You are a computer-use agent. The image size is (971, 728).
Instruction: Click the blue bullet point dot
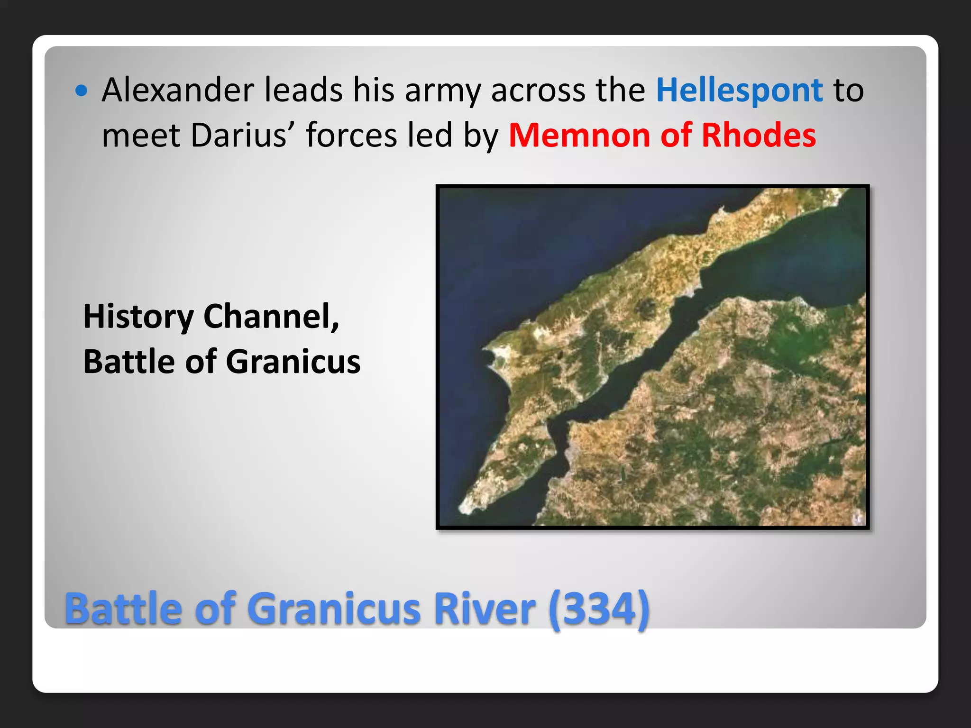click(x=82, y=91)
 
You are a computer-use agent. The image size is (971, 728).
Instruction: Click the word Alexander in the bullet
click(x=178, y=90)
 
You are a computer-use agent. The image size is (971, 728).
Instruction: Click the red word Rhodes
click(x=759, y=136)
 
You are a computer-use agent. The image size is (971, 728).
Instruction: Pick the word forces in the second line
click(x=351, y=136)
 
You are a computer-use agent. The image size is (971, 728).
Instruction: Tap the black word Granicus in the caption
click(x=293, y=362)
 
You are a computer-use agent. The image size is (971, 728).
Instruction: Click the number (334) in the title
click(x=599, y=610)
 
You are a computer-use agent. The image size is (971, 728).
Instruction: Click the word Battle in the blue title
click(x=123, y=609)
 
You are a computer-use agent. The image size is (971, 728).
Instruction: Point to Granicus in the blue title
click(x=334, y=609)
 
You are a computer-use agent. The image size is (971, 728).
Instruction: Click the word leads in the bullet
click(x=303, y=90)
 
